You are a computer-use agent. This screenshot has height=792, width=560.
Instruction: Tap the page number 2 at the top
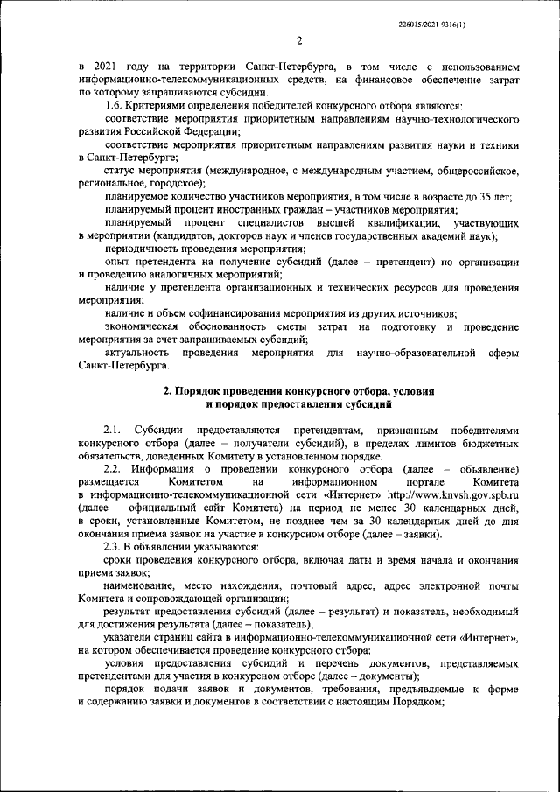tap(298, 41)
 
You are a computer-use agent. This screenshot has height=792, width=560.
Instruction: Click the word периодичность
tap(144, 249)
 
